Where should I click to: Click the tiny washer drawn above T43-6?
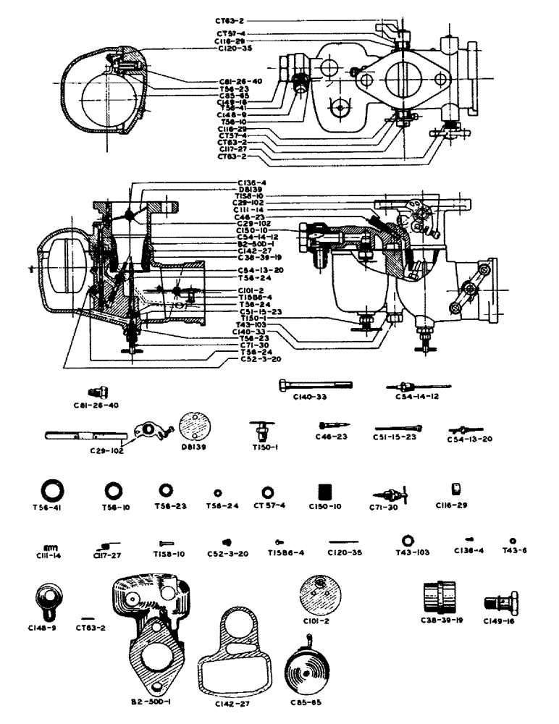[x=513, y=541]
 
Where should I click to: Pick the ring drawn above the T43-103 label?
[x=407, y=540]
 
